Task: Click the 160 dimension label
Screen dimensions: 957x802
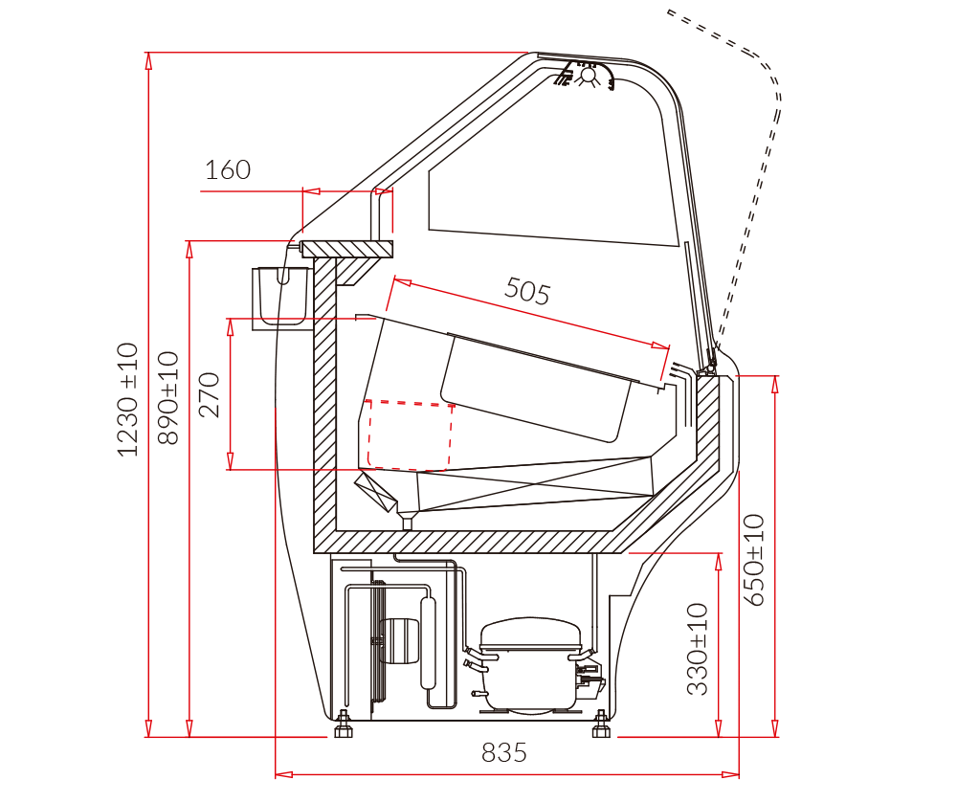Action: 228,169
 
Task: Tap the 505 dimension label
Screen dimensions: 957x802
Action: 527,291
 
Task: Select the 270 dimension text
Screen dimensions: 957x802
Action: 210,394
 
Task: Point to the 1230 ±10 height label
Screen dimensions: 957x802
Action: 128,400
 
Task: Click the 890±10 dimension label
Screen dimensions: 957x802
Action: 168,398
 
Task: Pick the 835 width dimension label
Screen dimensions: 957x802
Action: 503,752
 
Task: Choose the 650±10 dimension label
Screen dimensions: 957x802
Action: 754,560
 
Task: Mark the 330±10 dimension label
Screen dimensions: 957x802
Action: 698,649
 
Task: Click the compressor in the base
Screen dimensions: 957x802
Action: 530,664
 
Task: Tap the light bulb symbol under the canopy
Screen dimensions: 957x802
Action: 588,76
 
